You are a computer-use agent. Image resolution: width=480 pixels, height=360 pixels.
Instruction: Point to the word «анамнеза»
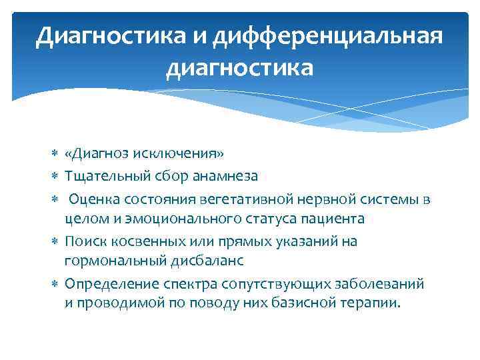click(x=224, y=176)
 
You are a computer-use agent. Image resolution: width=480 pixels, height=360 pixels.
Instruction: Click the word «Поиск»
click(x=83, y=241)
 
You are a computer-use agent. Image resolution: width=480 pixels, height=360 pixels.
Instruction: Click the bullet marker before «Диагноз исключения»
click(x=55, y=155)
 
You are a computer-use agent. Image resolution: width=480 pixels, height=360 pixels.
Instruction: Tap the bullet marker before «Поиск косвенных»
click(x=55, y=241)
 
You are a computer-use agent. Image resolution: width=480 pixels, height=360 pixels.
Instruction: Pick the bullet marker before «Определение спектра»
click(x=55, y=284)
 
